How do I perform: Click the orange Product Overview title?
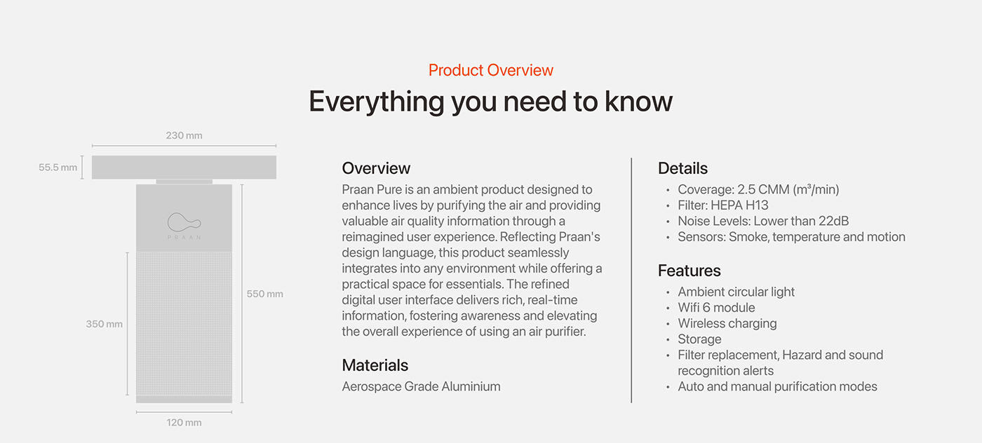pos(490,70)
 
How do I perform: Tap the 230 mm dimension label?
pos(184,135)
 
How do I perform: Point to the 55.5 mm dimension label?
pos(58,168)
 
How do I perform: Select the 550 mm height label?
pos(265,294)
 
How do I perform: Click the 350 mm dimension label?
pos(105,325)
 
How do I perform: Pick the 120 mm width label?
pos(184,423)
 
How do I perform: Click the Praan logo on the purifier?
pos(184,226)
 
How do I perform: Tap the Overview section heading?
pos(376,168)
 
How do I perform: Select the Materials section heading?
pos(375,365)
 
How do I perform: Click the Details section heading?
pos(682,168)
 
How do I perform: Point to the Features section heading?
pos(689,271)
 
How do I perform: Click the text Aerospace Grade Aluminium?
pos(421,386)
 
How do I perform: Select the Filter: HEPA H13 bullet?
pos(723,205)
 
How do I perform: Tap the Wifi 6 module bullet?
pos(716,308)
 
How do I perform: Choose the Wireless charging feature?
pos(727,323)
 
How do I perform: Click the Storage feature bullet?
pos(699,339)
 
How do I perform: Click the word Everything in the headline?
pos(377,102)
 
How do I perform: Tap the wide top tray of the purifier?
pos(184,167)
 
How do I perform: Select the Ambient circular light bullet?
pos(736,292)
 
